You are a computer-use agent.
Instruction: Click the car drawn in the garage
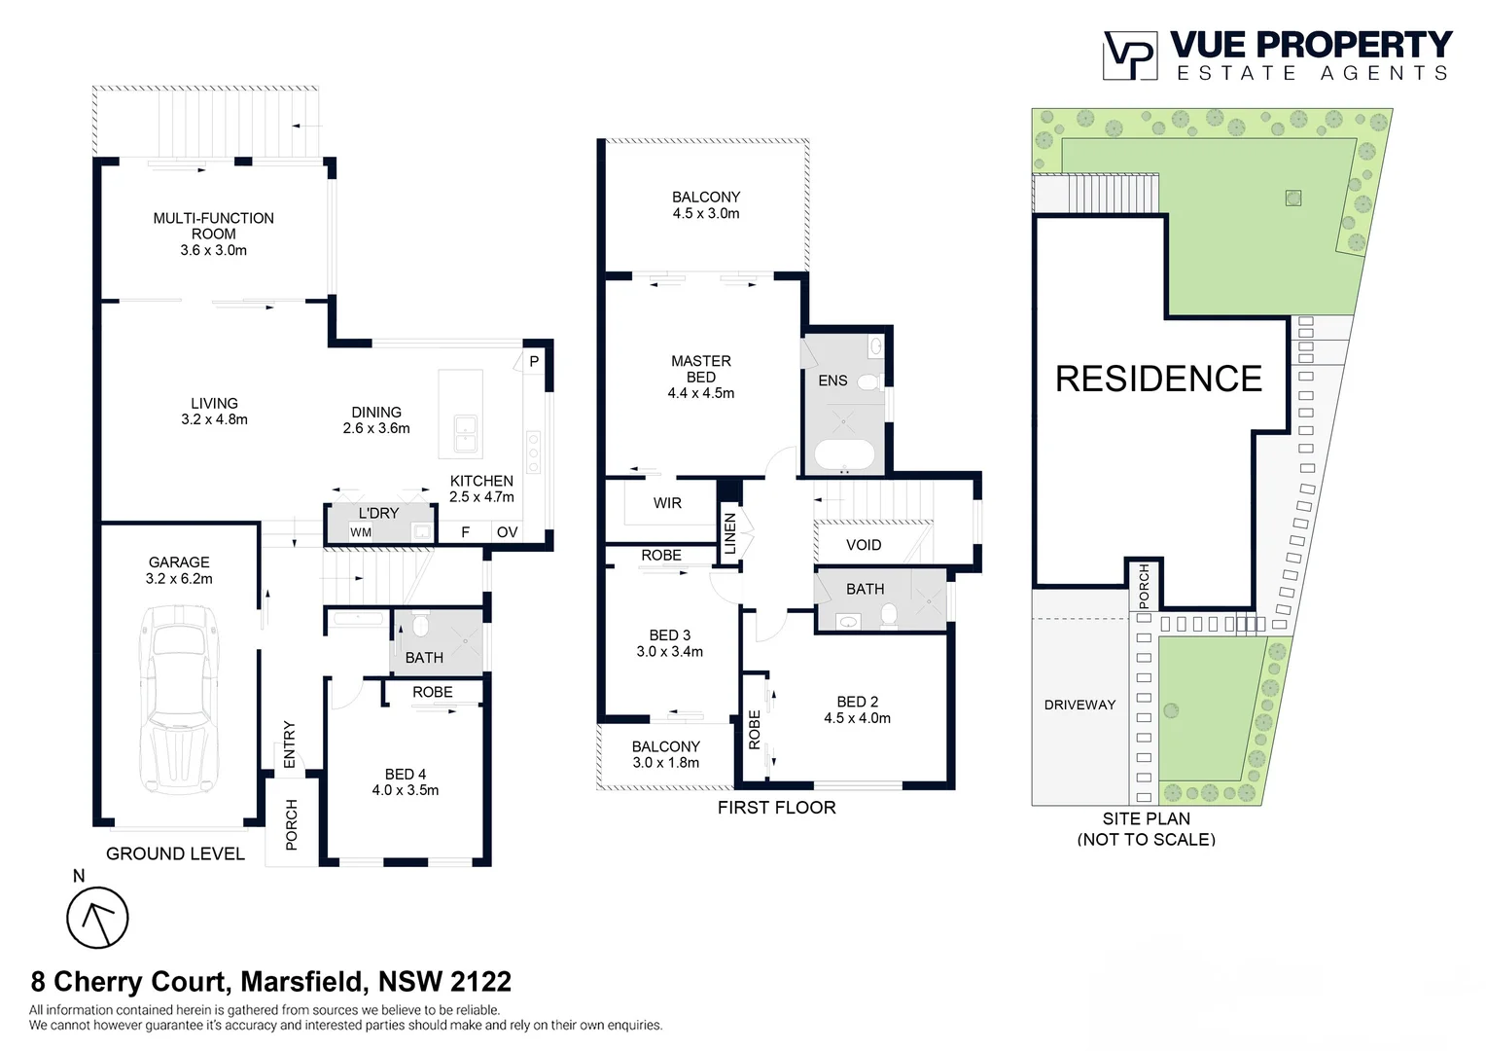(x=179, y=699)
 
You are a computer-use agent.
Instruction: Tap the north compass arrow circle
(x=97, y=918)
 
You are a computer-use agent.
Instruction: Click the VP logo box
(x=1130, y=55)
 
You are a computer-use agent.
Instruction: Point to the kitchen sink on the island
(x=465, y=434)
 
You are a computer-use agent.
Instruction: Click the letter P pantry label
(x=534, y=361)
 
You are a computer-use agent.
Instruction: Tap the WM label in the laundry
(x=361, y=532)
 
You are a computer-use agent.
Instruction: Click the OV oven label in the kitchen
(x=507, y=532)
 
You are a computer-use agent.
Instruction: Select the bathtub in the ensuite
(x=843, y=454)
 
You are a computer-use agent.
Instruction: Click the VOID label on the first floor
(x=864, y=545)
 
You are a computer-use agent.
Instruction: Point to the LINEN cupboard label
(x=730, y=533)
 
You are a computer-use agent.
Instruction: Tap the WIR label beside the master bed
(x=667, y=503)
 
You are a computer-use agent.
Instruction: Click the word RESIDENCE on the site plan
(x=1158, y=379)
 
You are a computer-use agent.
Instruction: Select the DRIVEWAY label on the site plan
(x=1079, y=705)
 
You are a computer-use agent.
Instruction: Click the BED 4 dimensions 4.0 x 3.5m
(x=406, y=790)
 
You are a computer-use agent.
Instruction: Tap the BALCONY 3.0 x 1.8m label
(x=665, y=754)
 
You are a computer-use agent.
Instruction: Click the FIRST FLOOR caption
(x=776, y=807)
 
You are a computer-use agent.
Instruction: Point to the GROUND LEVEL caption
(x=175, y=853)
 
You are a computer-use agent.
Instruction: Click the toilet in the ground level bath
(x=420, y=624)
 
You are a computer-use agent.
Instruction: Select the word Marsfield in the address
(x=303, y=982)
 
